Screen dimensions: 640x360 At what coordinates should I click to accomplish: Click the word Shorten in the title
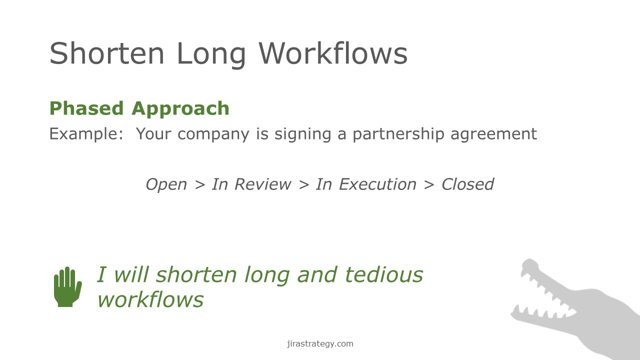pyautogui.click(x=107, y=53)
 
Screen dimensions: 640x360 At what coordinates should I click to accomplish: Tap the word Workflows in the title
pyautogui.click(x=333, y=53)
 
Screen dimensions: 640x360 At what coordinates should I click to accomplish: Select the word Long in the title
pyautogui.click(x=211, y=55)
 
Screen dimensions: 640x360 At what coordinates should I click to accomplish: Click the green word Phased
pyautogui.click(x=86, y=108)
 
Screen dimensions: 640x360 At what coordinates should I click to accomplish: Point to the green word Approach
pyautogui.click(x=180, y=109)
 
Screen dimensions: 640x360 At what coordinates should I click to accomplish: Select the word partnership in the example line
pyautogui.click(x=398, y=134)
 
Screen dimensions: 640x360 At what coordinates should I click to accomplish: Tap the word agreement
pyautogui.click(x=493, y=134)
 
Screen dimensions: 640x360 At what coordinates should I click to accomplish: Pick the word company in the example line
pyautogui.click(x=213, y=134)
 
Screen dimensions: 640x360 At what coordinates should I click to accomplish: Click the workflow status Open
pyautogui.click(x=166, y=184)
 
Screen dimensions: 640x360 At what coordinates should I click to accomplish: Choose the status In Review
pyautogui.click(x=251, y=184)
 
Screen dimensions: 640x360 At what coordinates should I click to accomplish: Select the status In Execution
pyautogui.click(x=366, y=184)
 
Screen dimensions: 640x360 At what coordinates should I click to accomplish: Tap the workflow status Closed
pyautogui.click(x=467, y=184)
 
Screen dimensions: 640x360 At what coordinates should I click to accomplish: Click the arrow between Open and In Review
pyautogui.click(x=199, y=185)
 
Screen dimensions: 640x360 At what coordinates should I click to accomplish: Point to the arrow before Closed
pyautogui.click(x=429, y=185)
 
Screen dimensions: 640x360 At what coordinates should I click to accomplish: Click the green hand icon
pyautogui.click(x=67, y=287)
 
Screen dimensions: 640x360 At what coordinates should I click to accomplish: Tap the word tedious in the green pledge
pyautogui.click(x=384, y=274)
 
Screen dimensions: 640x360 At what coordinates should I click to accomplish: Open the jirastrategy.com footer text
pyautogui.click(x=320, y=343)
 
